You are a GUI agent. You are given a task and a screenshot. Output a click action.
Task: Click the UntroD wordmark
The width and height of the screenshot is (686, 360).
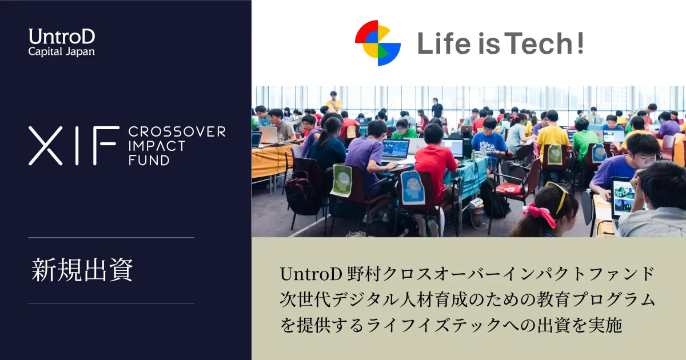(62, 37)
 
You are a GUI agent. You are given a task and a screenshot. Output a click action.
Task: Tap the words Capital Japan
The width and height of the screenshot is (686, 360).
(61, 51)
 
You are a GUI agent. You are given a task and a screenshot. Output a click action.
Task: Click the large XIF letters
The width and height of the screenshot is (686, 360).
(74, 146)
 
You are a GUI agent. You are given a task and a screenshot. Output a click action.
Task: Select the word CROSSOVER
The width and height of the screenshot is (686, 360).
(177, 132)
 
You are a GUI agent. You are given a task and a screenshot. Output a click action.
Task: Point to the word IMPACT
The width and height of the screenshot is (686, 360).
(157, 146)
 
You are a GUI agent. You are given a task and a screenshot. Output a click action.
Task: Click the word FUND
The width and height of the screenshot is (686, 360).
(149, 160)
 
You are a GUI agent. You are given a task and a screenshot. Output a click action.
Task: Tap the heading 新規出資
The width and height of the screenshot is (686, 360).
(82, 270)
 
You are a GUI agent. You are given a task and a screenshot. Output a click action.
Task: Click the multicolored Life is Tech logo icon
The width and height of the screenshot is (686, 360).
(378, 43)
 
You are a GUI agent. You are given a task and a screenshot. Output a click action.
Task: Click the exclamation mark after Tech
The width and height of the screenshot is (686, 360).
(580, 43)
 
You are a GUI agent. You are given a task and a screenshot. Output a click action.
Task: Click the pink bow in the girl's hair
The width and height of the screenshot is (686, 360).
(541, 215)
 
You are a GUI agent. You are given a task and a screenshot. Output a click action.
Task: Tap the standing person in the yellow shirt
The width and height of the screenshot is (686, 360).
(333, 102)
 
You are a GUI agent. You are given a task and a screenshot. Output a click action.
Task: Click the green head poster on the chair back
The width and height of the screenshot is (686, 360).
(342, 181)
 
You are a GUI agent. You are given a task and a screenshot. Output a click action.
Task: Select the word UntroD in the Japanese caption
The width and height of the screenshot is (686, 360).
(311, 274)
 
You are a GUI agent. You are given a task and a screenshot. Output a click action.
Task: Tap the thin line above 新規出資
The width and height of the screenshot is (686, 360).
(111, 237)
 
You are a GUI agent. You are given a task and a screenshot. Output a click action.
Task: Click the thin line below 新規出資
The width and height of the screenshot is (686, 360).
(111, 303)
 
